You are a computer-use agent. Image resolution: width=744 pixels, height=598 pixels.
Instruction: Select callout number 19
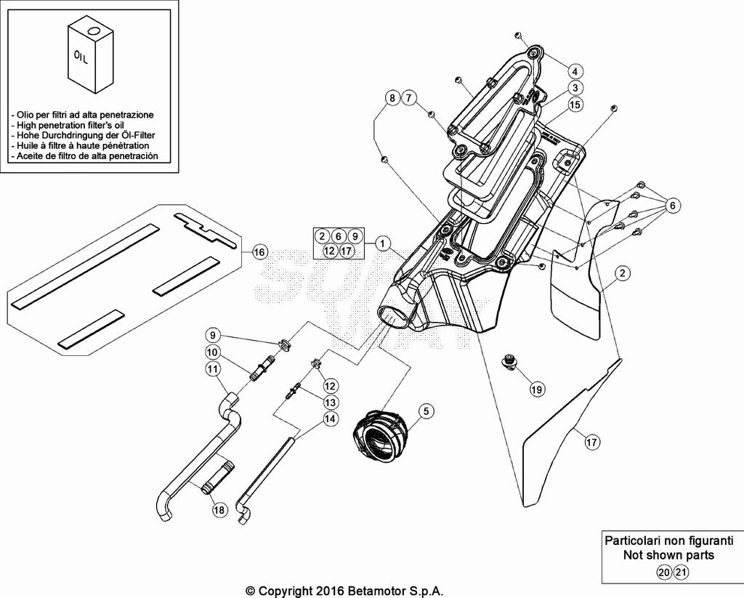[x=536, y=389]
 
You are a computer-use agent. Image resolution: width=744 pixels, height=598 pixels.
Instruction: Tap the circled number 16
[x=259, y=252]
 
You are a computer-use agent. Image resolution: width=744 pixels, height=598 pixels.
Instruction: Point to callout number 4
[x=574, y=71]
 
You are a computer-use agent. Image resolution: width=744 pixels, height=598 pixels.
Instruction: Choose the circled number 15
[x=575, y=105]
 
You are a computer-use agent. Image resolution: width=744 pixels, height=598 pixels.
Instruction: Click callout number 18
[x=219, y=510]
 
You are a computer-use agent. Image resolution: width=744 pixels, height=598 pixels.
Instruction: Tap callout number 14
[x=331, y=419]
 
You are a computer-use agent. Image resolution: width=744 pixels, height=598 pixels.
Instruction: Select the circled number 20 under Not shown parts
[x=663, y=573]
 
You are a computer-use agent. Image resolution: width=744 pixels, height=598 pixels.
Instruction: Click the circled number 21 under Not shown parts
[x=680, y=573]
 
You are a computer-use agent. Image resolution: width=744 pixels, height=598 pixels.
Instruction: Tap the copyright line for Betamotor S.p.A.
[x=344, y=591]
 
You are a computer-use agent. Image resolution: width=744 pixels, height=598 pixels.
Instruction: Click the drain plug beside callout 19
[x=510, y=360]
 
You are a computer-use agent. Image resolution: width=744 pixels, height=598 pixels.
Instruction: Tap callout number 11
[x=212, y=369]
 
